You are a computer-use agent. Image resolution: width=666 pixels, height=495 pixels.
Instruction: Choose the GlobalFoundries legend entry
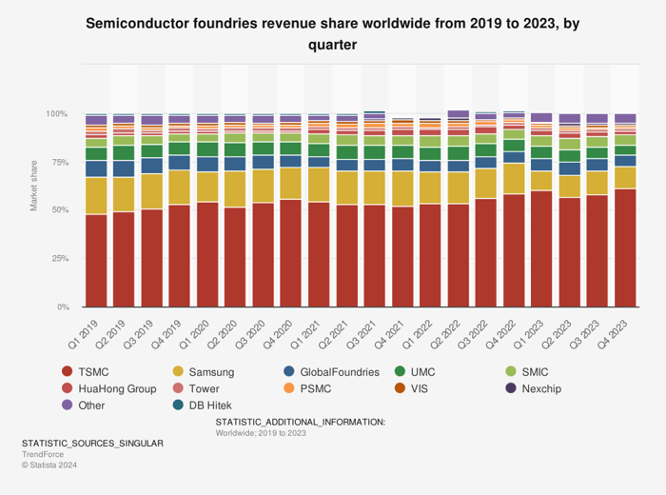pos(338,372)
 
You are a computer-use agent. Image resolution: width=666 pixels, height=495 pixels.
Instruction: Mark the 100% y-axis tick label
pos(56,114)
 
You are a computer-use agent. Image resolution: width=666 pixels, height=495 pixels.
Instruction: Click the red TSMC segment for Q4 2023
pos(625,247)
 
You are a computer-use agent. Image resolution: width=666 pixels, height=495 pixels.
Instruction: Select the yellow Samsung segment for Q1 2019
pos(96,196)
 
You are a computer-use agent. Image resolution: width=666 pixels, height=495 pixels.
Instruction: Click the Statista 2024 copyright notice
pos(49,465)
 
